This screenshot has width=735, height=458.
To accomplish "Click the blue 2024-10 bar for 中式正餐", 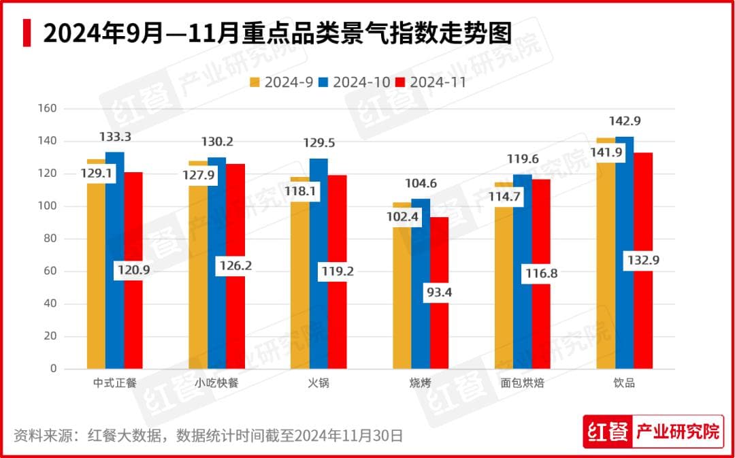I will [x=114, y=272].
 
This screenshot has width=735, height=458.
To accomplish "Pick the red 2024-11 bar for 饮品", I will [x=643, y=320].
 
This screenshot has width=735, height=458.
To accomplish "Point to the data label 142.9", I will [x=625, y=121].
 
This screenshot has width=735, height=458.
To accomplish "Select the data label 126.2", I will [x=235, y=265].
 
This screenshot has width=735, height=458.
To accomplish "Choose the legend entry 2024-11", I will [x=431, y=82].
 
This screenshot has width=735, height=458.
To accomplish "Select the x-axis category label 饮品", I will [x=624, y=382].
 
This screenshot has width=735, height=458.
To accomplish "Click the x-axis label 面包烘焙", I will [x=522, y=382].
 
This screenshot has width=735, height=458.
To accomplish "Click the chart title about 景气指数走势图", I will [x=277, y=33].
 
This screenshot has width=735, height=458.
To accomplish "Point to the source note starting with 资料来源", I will [x=208, y=435].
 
